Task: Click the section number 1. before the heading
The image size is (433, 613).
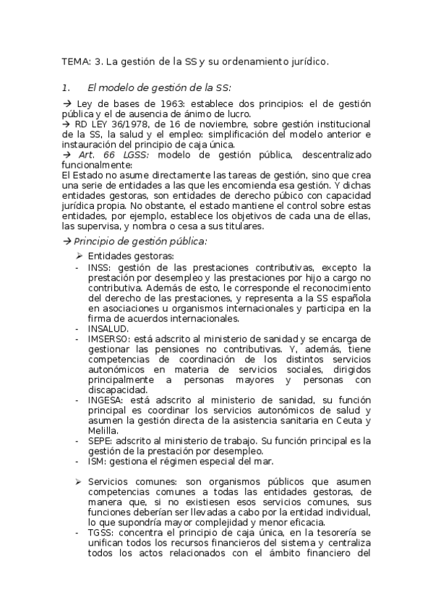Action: tap(65, 87)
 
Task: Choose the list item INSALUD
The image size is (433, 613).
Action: tap(108, 328)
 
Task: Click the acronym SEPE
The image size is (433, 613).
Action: tap(99, 440)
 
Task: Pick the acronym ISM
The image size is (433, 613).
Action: tap(96, 460)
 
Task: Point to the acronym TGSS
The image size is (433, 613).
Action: tap(100, 532)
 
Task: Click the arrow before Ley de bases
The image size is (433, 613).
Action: tap(67, 104)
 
